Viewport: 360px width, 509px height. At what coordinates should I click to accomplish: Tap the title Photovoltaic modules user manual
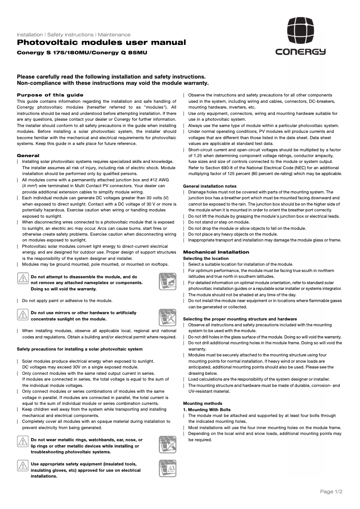tap(101, 43)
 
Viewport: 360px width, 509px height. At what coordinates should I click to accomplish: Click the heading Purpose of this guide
tap(50, 95)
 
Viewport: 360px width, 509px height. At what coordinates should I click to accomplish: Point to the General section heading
tap(28, 155)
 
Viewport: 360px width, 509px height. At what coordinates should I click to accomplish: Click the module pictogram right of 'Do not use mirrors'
tap(167, 317)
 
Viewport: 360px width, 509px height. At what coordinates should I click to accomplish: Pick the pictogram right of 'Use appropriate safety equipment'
tap(167, 468)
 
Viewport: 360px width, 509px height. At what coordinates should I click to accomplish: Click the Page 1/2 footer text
tap(331, 492)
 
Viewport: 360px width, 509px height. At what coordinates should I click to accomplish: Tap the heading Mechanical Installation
tap(216, 252)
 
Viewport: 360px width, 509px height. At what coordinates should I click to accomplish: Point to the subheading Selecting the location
tap(206, 259)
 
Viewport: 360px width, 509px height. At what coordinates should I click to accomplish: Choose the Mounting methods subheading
tap(202, 404)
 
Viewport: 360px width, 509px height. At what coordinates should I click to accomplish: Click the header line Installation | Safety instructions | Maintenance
tap(74, 35)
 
